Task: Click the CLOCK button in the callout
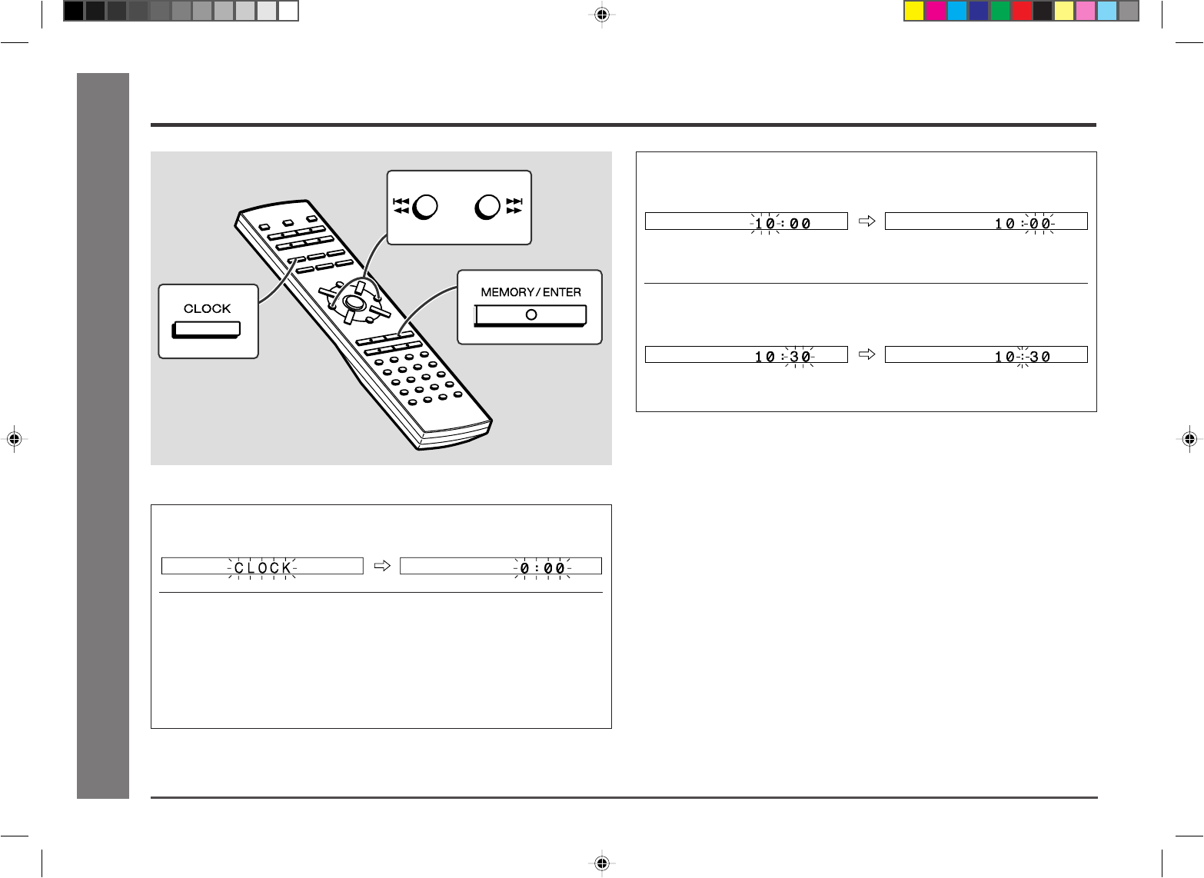tap(206, 330)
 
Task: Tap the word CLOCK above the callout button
tap(207, 308)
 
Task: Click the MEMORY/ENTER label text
tap(530, 292)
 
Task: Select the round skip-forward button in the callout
tap(487, 207)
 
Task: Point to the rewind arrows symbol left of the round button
tap(401, 206)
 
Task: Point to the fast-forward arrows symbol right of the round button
tap(514, 206)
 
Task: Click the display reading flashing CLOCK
tap(262, 566)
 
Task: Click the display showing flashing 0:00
tap(501, 566)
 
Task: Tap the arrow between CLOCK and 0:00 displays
tap(382, 566)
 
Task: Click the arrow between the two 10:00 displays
tap(867, 221)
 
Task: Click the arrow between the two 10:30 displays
tap(867, 354)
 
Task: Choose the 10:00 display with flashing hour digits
tap(747, 221)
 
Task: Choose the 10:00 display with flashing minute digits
tap(986, 221)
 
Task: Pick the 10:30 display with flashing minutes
tap(747, 354)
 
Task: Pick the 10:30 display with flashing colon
tap(986, 354)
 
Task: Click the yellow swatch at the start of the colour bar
tap(913, 11)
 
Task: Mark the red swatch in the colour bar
tap(1021, 11)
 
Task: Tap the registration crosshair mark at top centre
tap(602, 15)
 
